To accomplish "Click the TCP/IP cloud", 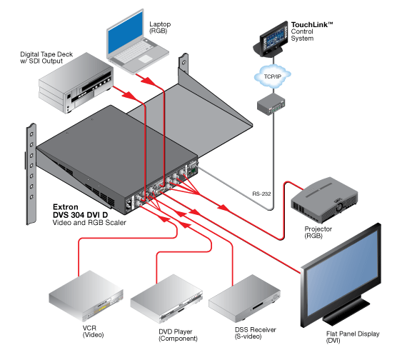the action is coord(272,76).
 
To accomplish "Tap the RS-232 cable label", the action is coord(261,194).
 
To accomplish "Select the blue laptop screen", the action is coord(126,34).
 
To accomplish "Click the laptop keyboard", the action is coord(133,51).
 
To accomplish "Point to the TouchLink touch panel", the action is coord(271,40).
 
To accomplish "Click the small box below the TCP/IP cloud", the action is coord(271,104).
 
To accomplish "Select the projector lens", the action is coord(338,207).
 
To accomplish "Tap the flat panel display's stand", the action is coord(346,311).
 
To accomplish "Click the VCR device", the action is coord(86,296).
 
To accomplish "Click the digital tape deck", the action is coord(76,83).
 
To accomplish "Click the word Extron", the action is coord(66,207).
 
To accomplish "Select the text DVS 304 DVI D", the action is coord(80,215).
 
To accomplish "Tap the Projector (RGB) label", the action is coord(318,232).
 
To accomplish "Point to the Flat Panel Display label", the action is coord(353,337).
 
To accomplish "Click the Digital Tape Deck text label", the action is coord(46,58).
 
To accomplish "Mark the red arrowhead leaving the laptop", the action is coord(149,81).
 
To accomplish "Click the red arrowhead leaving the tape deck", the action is coord(129,95).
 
